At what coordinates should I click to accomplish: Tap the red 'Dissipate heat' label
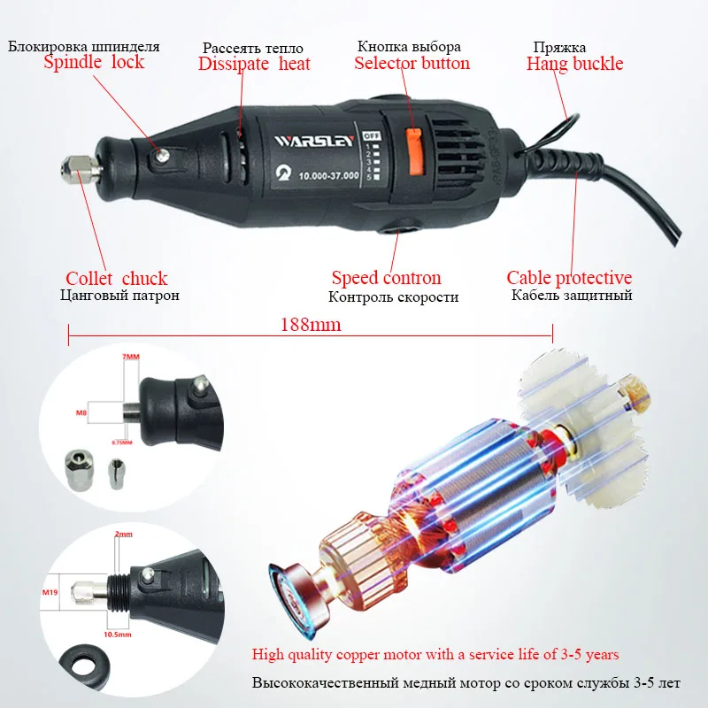254,64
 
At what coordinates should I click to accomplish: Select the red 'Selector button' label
412,63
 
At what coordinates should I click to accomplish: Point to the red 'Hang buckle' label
574,63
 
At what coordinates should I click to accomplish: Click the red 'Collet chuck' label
117,279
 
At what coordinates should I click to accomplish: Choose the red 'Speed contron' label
386,279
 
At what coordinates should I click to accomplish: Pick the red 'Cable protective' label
569,279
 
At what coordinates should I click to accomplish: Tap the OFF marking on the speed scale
372,136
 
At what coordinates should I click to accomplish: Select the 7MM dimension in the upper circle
130,357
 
